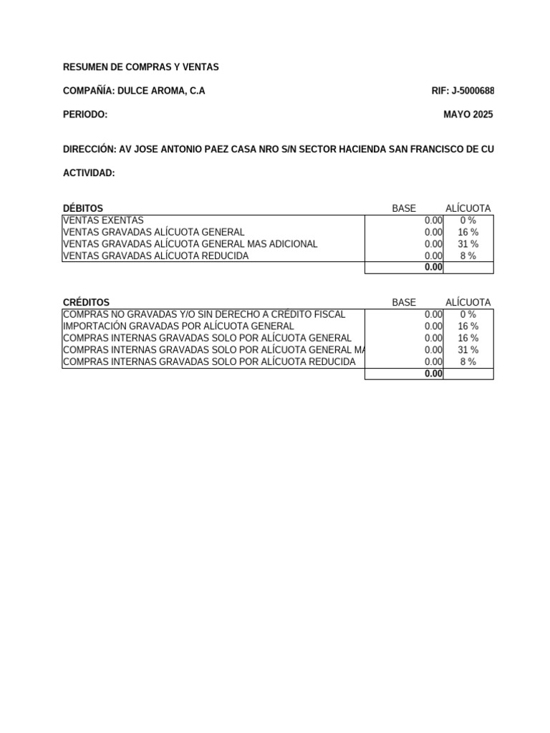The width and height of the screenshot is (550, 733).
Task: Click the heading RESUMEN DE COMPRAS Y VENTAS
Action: [x=141, y=67]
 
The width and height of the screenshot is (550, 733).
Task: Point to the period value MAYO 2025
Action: [x=468, y=115]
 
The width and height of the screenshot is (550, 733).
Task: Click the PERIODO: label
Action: [x=85, y=115]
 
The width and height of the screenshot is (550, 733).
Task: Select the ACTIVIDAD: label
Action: [x=89, y=173]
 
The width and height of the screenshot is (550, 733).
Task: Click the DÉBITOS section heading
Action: [x=83, y=208]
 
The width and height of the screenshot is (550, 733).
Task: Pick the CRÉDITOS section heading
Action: [x=87, y=303]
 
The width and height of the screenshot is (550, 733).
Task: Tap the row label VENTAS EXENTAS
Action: [x=103, y=220]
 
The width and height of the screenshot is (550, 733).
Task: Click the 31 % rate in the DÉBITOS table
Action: [x=468, y=244]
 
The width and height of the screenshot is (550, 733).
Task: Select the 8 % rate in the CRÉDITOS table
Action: [x=468, y=361]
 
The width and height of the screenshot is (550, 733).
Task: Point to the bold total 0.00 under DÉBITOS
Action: [x=433, y=267]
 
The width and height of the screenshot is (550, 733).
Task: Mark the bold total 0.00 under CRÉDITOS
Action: [x=433, y=373]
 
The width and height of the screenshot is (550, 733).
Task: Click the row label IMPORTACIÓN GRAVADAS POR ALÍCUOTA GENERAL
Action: [x=178, y=326]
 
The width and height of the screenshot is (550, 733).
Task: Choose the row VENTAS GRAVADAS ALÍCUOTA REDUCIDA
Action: [x=156, y=256]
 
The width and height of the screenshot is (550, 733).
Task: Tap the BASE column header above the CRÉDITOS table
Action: [x=404, y=303]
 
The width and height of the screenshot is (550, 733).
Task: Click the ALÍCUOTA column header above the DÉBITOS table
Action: [x=468, y=208]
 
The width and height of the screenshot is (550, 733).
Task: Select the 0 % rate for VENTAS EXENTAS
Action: [x=468, y=220]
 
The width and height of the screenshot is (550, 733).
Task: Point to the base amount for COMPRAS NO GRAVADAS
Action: [x=433, y=314]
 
